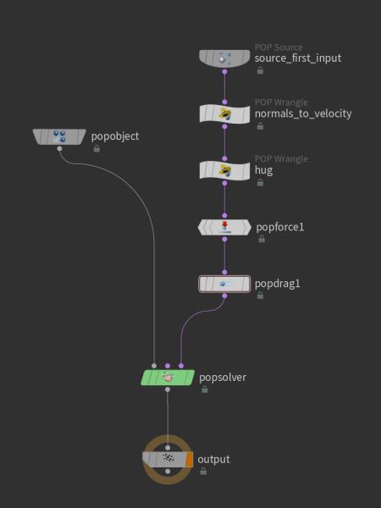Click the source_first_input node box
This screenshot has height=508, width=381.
point(224,58)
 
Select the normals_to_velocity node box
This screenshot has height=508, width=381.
point(224,113)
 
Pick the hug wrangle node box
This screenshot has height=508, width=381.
point(224,170)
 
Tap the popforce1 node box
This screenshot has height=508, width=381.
point(224,227)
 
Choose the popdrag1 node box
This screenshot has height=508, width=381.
point(224,284)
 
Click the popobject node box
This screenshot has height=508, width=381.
point(60,135)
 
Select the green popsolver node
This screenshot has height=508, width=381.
point(168,377)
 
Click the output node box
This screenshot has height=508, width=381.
point(168,459)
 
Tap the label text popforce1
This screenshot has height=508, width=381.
point(279,227)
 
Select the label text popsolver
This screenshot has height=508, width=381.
point(223,377)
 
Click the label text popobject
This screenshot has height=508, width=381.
point(114,135)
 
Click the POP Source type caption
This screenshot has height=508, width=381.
point(279,47)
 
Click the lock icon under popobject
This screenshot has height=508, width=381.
point(97,148)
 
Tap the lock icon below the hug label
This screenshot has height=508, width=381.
point(260,182)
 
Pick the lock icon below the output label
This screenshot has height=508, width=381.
point(203,471)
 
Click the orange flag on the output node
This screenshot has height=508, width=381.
point(190,459)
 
